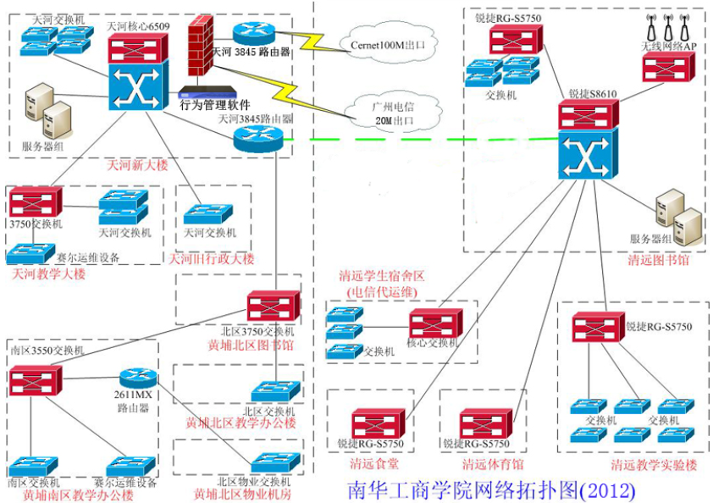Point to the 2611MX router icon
(135, 380)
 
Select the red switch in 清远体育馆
(485, 423)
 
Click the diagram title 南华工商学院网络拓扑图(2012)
(490, 489)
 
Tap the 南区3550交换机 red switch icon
(35, 379)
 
